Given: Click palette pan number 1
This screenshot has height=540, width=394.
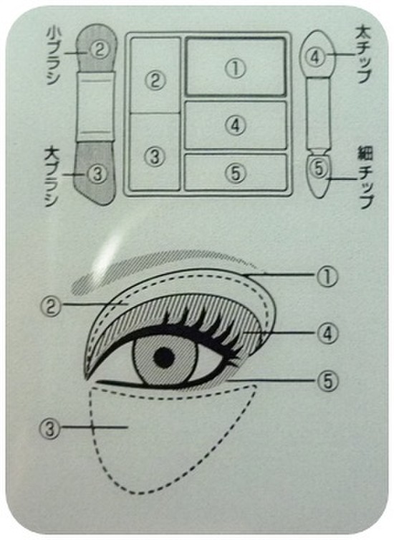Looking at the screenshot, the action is [x=236, y=67].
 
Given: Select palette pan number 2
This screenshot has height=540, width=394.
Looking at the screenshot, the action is [x=155, y=75].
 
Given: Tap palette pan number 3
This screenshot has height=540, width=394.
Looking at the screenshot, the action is [x=155, y=151].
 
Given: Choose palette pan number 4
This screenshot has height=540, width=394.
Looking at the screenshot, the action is [x=236, y=125].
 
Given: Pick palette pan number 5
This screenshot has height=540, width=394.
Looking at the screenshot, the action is [x=236, y=172].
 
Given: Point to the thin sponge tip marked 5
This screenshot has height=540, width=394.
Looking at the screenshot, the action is [x=319, y=176].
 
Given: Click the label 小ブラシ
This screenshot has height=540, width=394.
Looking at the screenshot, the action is [x=53, y=57].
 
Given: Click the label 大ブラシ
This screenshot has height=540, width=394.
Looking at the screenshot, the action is [x=52, y=177].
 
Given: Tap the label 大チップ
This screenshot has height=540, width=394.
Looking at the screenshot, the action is [x=364, y=55].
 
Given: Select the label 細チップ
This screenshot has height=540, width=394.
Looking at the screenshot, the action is [x=365, y=176].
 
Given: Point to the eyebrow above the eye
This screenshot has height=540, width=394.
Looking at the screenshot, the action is [x=165, y=269].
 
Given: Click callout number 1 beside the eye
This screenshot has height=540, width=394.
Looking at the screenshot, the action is [x=327, y=277].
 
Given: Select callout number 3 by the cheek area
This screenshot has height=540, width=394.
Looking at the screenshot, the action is [x=51, y=429].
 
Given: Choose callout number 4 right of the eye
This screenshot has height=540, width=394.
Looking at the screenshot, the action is [x=327, y=333].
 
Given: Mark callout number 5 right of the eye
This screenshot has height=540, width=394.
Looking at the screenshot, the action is [x=328, y=381].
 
